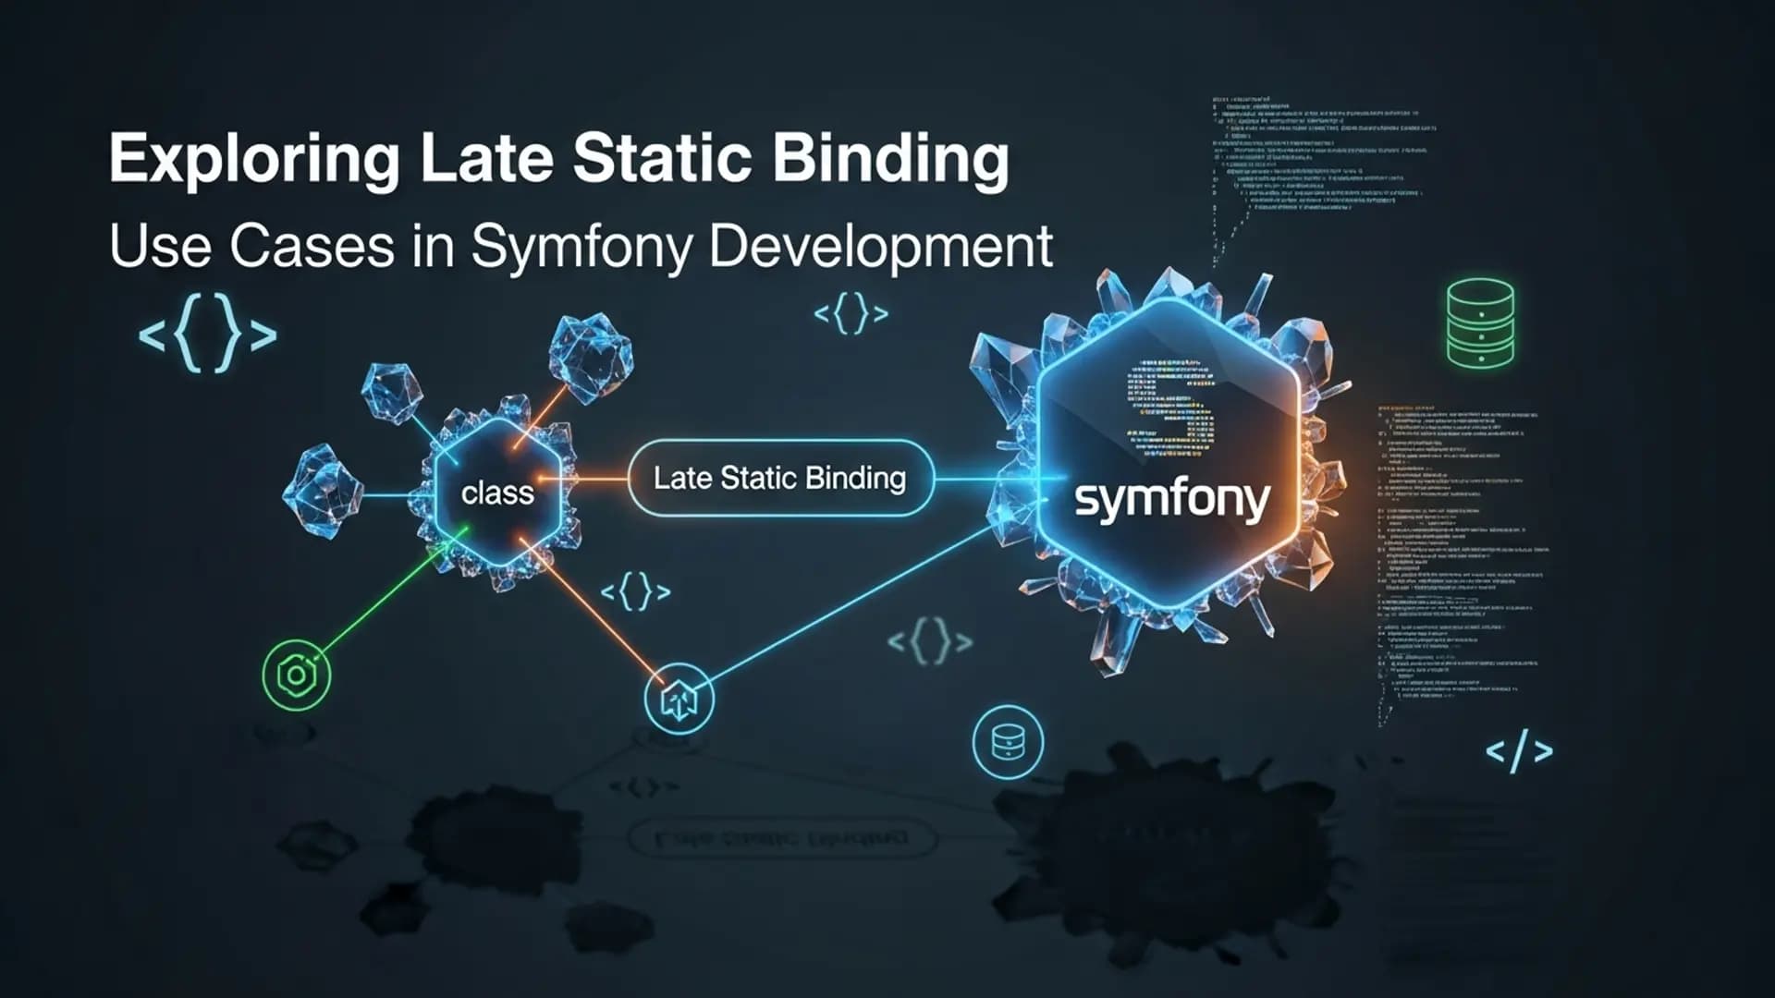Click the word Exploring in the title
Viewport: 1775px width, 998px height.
coord(253,159)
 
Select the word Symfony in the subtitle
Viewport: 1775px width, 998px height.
coord(581,247)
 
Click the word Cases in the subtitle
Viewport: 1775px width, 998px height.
coord(312,247)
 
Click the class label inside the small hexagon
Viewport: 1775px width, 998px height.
coord(497,493)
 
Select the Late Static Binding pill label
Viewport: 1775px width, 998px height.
coord(779,478)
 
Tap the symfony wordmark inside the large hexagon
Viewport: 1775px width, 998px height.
coord(1171,500)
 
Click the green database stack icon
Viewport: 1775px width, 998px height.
coord(1480,323)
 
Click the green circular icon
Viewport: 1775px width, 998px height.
coord(297,675)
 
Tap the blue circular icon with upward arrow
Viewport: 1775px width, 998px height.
coord(679,700)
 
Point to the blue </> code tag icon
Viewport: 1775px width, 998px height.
coord(1519,752)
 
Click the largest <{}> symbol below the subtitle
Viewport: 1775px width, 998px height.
coord(207,334)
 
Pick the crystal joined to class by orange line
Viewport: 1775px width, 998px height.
coord(591,359)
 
